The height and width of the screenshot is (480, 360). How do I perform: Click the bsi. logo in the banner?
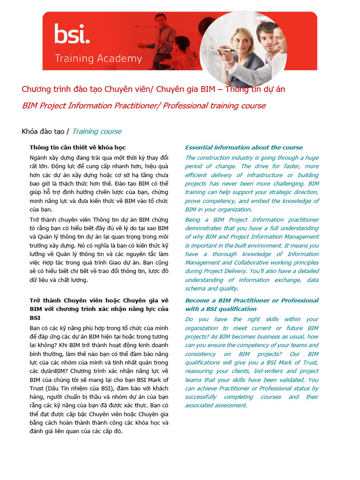[71, 34]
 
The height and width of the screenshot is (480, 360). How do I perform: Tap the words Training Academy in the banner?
[98, 59]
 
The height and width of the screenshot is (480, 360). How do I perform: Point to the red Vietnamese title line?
[153, 89]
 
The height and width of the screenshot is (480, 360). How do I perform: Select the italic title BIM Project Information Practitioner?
[143, 105]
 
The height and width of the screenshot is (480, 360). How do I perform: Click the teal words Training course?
[97, 131]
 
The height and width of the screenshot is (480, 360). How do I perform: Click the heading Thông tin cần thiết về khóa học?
[77, 148]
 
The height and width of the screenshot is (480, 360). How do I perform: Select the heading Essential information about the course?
[244, 148]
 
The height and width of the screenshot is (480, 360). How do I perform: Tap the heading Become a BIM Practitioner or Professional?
[252, 300]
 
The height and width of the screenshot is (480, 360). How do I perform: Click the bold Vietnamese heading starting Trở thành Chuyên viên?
[99, 300]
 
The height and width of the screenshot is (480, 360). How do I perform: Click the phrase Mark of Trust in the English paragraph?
[298, 362]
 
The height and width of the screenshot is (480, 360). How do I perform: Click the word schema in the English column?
[195, 289]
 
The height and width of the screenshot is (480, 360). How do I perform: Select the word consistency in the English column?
[203, 354]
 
